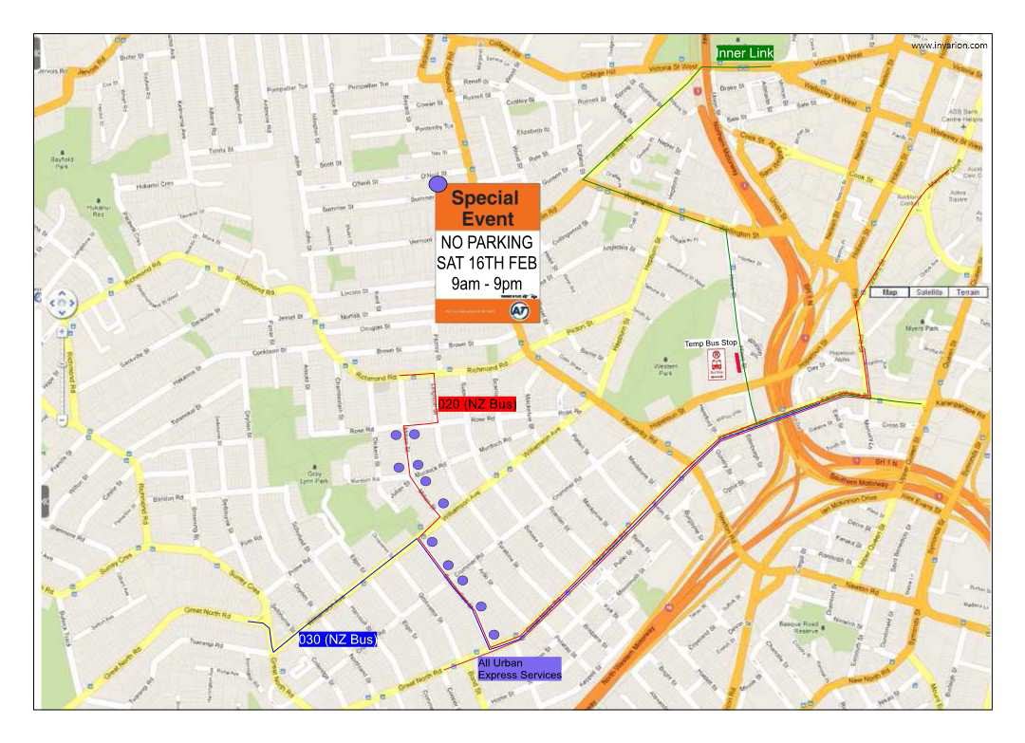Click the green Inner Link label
(745, 54)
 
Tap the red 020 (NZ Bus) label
(475, 405)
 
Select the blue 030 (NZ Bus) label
(338, 640)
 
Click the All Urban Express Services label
(518, 669)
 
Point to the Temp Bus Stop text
(711, 344)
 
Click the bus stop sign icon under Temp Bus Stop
(717, 363)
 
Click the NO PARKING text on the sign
(486, 243)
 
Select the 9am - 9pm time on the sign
(486, 283)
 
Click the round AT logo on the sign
(519, 311)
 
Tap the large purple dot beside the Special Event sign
(438, 184)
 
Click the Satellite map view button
(930, 292)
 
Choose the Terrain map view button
(968, 292)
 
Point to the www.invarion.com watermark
(949, 45)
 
